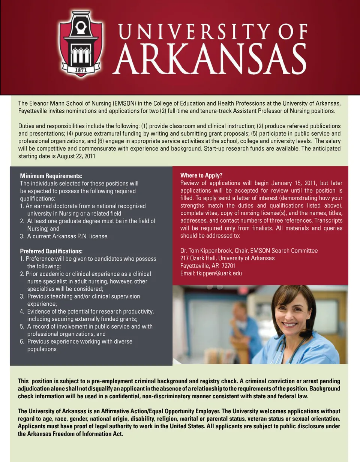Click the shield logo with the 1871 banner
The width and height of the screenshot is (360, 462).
[81, 44]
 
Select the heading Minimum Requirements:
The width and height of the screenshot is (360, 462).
[51, 176]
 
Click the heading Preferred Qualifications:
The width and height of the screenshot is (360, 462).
[51, 251]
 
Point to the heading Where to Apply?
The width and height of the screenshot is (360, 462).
[201, 175]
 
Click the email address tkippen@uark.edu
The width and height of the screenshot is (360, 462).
[219, 273]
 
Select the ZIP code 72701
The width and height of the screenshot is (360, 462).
[228, 266]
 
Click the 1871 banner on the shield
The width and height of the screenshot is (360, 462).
[81, 70]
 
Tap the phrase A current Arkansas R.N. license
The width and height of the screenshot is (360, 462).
[68, 236]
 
